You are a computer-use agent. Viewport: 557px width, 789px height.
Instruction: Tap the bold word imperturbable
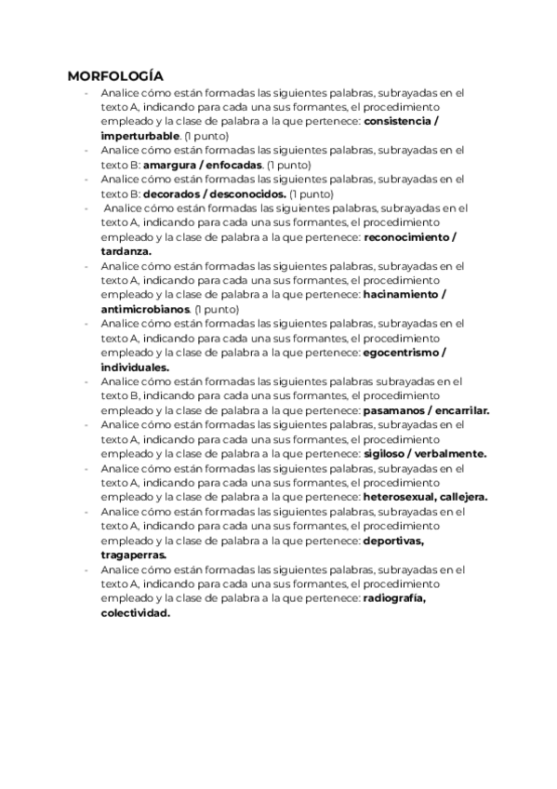139,136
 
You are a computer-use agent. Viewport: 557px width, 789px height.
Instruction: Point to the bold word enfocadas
234,165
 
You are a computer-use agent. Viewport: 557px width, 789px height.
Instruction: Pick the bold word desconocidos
245,194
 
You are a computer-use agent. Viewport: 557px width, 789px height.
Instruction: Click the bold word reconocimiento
405,237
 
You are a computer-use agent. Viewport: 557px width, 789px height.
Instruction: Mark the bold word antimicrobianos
145,309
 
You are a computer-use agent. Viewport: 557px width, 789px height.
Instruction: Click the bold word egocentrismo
401,353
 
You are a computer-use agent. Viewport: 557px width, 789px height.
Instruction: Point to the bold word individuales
135,367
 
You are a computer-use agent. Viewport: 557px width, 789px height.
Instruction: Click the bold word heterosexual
400,497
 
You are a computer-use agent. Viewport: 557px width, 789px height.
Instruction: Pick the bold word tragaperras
134,555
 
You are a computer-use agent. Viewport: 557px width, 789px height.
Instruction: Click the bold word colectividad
136,612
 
